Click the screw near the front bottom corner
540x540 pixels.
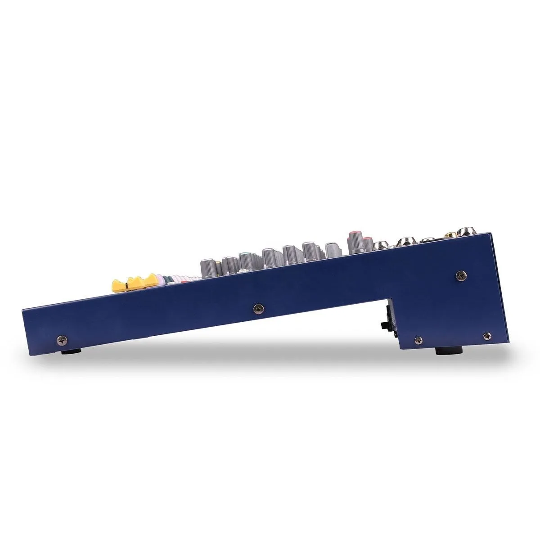[x=62, y=339]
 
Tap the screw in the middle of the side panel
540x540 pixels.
[x=258, y=308]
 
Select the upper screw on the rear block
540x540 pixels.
[x=460, y=274]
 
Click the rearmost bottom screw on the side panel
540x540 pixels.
[x=486, y=335]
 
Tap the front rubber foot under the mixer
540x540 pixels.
[x=71, y=350]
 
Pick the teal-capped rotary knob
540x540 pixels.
[x=245, y=259]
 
